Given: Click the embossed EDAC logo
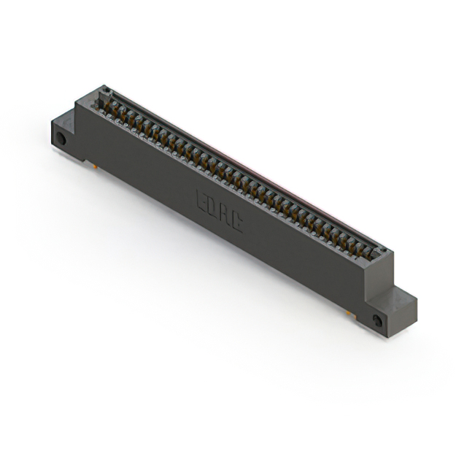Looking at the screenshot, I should (x=220, y=211).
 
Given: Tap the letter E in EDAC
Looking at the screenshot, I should (x=201, y=200).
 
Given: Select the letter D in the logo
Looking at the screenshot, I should (x=213, y=207).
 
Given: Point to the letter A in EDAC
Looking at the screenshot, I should (x=225, y=215).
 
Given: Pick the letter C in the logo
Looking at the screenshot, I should (x=237, y=222).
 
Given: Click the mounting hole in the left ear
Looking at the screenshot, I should (x=61, y=138).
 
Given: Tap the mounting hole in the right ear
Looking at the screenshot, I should (x=377, y=321).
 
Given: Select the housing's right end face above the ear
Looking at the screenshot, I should (x=379, y=274).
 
